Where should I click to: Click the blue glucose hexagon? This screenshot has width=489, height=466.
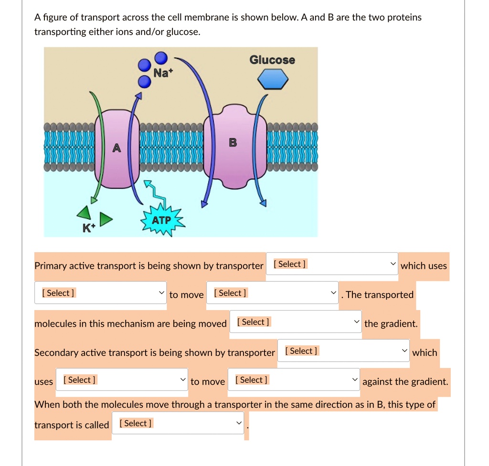point(273,79)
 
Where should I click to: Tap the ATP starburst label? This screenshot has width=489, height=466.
point(161,221)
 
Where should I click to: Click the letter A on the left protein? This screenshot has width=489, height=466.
point(116,148)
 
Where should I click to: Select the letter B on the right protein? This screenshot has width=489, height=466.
point(233,143)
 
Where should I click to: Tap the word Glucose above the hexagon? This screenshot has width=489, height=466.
point(272,60)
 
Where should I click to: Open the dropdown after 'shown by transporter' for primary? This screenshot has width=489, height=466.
point(332,264)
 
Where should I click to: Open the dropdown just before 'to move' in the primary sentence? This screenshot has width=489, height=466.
point(100,293)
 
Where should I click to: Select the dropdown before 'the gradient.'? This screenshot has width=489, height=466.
point(296,322)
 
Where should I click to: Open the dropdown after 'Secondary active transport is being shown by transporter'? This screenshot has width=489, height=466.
point(344,351)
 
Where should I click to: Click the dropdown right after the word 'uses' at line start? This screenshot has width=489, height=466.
point(121,380)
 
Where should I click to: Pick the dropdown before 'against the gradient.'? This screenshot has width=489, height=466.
point(294,380)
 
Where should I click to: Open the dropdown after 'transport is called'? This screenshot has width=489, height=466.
point(178,423)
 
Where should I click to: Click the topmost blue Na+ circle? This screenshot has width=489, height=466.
point(161,58)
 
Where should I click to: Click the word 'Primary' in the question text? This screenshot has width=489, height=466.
point(50,266)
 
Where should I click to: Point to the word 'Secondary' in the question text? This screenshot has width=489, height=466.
point(56,353)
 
